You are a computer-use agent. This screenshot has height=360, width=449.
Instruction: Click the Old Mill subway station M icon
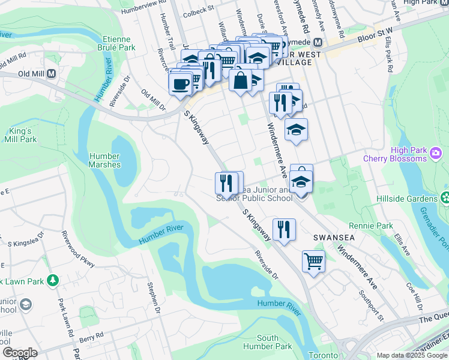click(x=51, y=74)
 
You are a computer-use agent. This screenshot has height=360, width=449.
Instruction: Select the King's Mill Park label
click(x=22, y=135)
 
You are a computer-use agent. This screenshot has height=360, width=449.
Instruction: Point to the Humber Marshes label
click(x=104, y=160)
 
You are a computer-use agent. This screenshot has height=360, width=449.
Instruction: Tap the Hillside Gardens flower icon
click(x=445, y=197)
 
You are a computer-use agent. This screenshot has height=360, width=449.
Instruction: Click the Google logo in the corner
click(x=20, y=352)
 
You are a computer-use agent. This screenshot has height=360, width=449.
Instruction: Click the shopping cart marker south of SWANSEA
click(x=313, y=262)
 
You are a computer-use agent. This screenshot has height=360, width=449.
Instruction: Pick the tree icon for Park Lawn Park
click(x=53, y=280)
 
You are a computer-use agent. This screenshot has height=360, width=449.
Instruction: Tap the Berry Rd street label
click(x=87, y=340)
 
